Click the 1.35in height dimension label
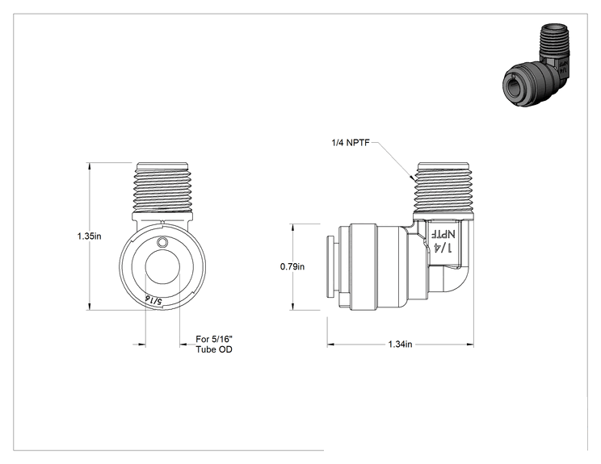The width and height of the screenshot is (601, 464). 90,236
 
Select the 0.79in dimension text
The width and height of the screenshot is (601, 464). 292,266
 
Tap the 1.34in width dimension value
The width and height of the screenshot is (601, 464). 400,345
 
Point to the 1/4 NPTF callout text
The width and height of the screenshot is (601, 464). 351,143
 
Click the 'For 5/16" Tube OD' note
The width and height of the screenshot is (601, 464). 214,345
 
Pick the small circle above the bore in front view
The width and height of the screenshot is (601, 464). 162,242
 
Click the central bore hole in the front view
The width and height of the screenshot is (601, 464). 162,267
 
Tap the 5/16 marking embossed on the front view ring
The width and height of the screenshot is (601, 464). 153,299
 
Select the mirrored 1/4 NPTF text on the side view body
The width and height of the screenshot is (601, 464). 443,240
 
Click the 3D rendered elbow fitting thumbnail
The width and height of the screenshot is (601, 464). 536,65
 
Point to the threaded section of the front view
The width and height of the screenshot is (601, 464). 162,187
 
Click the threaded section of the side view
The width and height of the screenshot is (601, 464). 443,187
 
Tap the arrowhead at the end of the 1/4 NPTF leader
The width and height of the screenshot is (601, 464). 412,178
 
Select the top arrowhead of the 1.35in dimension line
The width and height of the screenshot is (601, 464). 90,166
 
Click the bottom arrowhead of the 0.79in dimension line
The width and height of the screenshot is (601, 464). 293,306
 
